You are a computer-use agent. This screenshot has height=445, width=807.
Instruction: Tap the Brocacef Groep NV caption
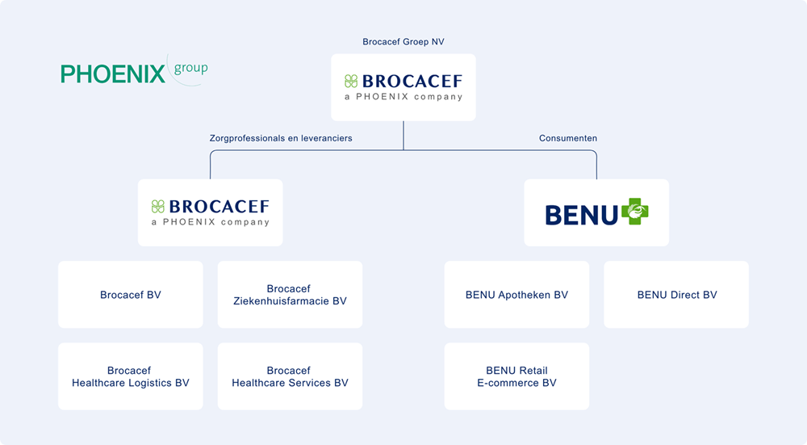click(403, 42)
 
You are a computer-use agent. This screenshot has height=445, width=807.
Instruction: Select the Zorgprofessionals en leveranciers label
click(281, 138)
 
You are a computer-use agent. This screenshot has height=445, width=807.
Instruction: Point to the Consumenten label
click(568, 138)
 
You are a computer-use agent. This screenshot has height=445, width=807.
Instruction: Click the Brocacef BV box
click(130, 295)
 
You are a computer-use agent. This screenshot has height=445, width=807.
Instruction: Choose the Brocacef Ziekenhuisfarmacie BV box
click(289, 295)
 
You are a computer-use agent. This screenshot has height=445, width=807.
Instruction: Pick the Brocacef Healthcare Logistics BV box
click(130, 377)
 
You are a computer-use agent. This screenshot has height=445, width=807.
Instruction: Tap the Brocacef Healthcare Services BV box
click(289, 377)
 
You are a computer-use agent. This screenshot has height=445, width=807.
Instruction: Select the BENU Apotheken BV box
click(516, 295)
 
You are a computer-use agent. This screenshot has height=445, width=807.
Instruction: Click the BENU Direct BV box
click(676, 295)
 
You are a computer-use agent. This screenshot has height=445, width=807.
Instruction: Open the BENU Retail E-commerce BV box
click(516, 377)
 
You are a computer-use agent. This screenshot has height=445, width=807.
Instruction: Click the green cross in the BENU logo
click(634, 212)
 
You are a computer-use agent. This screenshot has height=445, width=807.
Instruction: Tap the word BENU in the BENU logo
click(581, 215)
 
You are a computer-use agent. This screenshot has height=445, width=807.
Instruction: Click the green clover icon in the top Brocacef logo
click(351, 81)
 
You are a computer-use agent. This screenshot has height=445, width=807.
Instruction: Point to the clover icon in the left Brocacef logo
click(158, 206)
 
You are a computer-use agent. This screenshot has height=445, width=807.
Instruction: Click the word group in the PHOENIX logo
click(190, 69)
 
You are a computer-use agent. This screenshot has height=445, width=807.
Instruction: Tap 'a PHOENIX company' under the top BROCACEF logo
click(403, 97)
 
